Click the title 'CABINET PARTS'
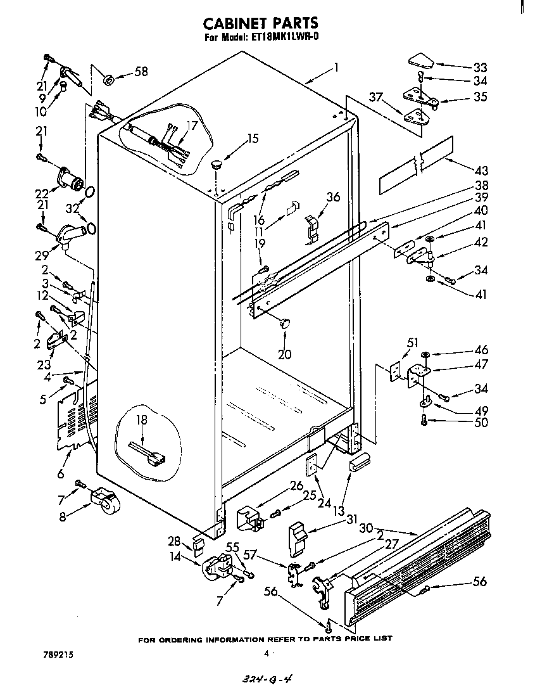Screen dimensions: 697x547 260,24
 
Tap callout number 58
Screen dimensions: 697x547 141,72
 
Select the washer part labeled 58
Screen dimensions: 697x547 108,79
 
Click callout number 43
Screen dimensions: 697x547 481,170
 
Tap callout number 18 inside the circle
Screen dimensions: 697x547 141,419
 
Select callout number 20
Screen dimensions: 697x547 284,354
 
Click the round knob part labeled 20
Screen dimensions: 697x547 286,324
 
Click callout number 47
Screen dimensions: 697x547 481,364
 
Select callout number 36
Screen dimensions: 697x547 333,197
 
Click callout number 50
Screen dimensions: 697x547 481,423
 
